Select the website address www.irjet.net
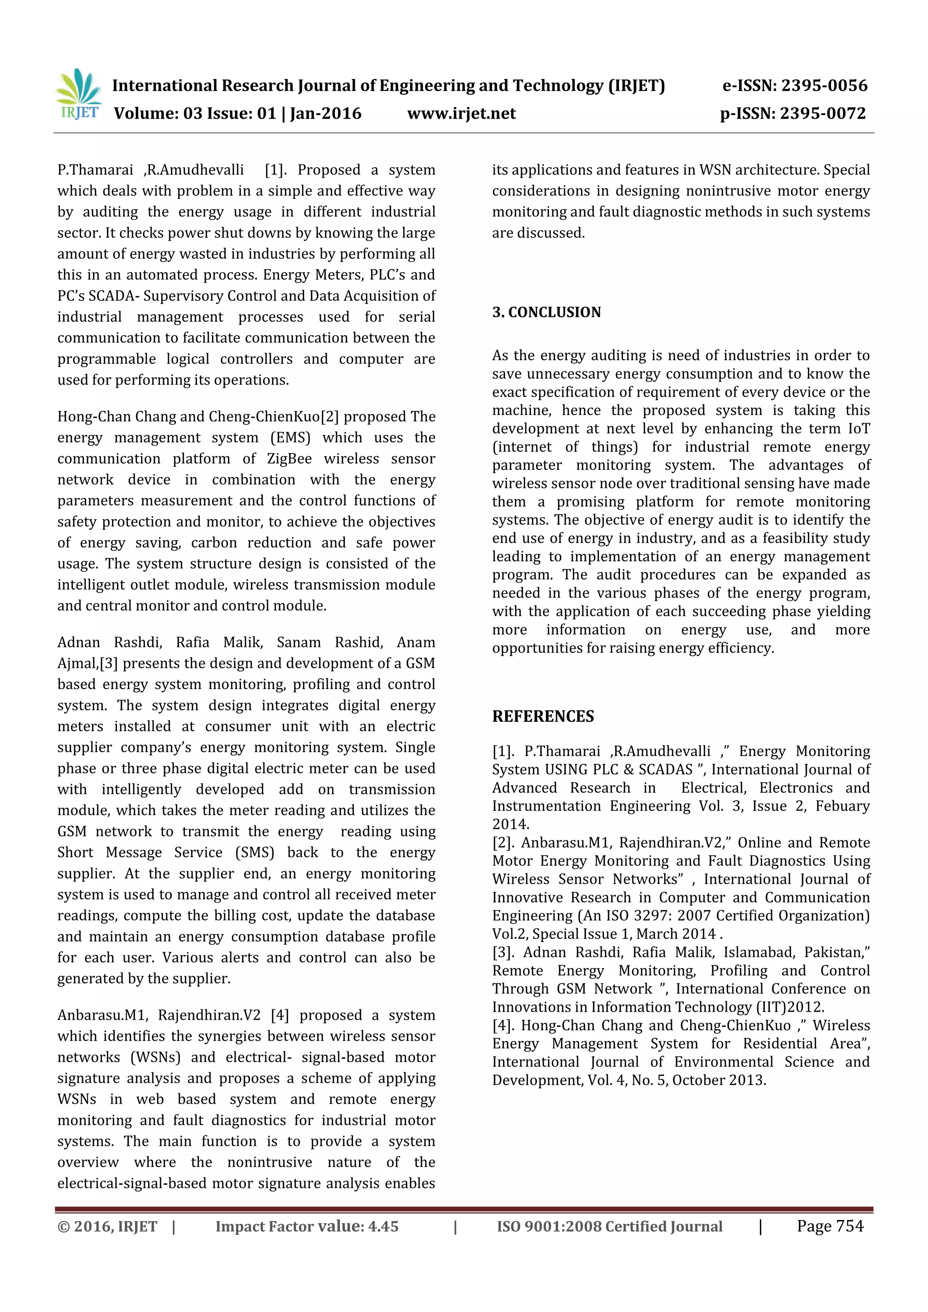tap(461, 114)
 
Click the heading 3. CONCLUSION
tap(546, 312)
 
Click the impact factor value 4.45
tap(383, 1227)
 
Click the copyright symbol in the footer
tap(63, 1227)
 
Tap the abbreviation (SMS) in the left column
tap(255, 853)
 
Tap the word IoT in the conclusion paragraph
tap(858, 429)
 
